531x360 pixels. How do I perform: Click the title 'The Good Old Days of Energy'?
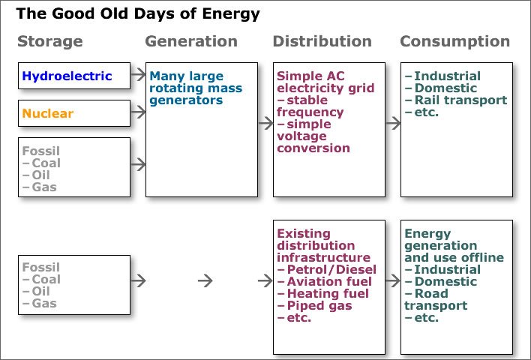[138, 14]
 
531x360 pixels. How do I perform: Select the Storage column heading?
[50, 42]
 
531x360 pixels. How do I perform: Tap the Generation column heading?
[191, 41]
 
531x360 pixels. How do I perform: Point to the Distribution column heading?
[322, 41]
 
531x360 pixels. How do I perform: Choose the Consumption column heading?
[454, 42]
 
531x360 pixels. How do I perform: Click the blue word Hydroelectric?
[67, 76]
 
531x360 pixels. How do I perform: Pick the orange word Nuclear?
[48, 113]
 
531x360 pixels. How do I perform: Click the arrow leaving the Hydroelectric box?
[139, 74]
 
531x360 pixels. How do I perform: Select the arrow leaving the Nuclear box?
[139, 112]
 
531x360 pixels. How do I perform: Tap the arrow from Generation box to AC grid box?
[265, 123]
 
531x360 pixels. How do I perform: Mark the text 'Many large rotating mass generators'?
[196, 88]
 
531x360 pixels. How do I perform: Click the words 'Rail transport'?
[460, 100]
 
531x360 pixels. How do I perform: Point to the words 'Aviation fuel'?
[329, 282]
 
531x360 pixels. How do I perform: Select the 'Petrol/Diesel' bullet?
[327, 269]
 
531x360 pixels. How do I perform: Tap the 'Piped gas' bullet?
[314, 306]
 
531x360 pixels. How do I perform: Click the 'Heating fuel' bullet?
[323, 293]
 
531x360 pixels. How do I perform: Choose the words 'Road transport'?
[436, 300]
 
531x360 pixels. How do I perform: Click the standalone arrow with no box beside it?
[205, 280]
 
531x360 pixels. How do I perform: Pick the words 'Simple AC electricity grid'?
[325, 82]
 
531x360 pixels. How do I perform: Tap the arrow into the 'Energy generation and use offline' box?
[393, 280]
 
